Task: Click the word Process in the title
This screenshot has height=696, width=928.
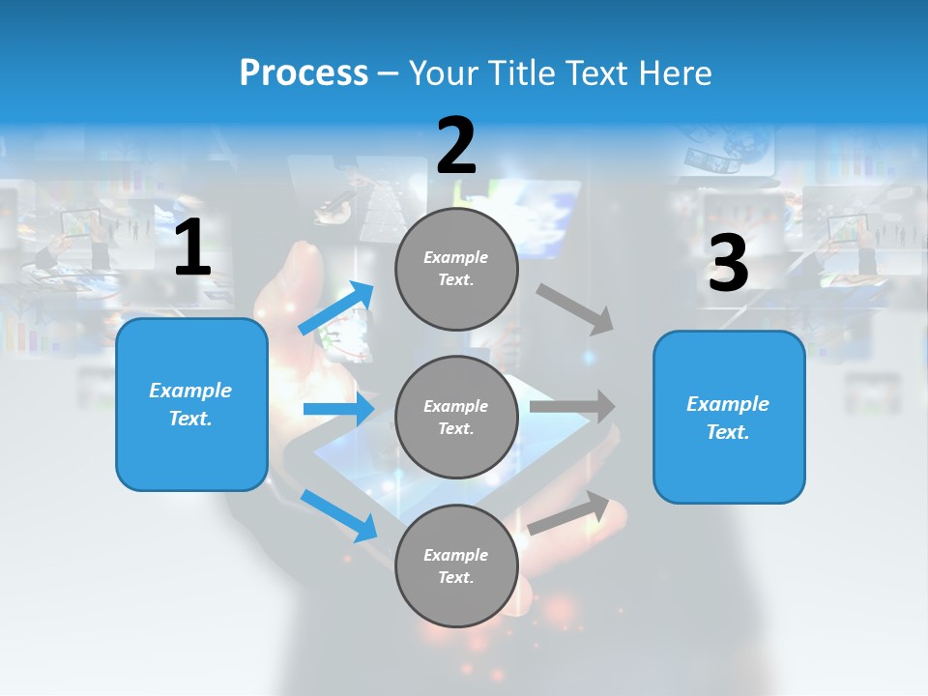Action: tap(304, 73)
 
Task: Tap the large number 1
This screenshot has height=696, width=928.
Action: tap(192, 248)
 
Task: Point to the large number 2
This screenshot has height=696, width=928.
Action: tap(456, 146)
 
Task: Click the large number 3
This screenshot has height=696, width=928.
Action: tap(728, 263)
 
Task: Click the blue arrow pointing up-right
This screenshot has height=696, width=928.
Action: tap(336, 308)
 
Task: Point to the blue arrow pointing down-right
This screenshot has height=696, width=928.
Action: tap(338, 514)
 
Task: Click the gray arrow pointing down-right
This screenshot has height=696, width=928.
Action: tap(575, 309)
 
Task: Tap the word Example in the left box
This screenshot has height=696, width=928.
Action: tap(190, 391)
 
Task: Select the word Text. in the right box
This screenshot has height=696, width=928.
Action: tap(728, 432)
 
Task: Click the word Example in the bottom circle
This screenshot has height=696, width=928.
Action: tap(455, 555)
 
